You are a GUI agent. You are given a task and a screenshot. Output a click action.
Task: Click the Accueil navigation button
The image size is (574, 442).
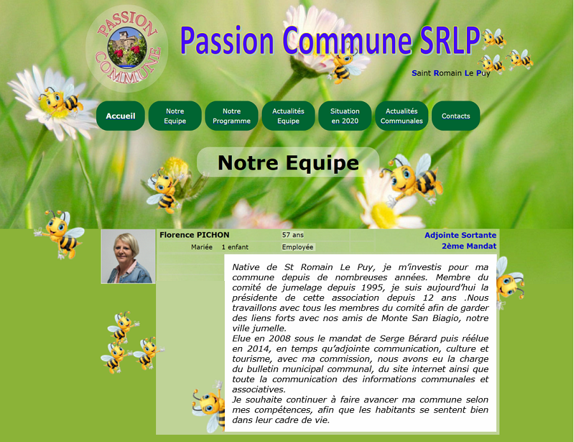click(x=120, y=116)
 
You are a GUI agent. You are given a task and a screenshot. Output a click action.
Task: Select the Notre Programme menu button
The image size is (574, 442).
click(x=231, y=116)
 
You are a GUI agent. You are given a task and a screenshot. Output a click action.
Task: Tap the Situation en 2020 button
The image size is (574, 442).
click(x=345, y=116)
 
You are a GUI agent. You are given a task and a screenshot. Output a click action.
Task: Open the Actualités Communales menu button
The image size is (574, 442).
click(x=401, y=116)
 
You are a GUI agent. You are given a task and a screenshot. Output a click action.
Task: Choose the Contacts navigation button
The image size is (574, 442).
click(x=456, y=116)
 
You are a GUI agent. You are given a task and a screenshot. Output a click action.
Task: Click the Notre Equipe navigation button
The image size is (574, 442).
click(x=175, y=116)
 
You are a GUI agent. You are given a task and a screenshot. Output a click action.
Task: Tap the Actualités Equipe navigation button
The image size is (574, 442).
click(x=288, y=116)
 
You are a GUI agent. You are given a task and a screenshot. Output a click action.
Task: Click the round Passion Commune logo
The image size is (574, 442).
click(x=127, y=48)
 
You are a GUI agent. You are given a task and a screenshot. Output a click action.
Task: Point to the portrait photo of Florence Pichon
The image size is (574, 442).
click(x=128, y=257)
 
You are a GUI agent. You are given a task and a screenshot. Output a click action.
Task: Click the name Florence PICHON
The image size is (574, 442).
click(x=194, y=235)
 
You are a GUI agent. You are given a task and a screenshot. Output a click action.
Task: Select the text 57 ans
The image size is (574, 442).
click(x=293, y=235)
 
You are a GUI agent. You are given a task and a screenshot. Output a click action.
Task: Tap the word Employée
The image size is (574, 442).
click(x=298, y=247)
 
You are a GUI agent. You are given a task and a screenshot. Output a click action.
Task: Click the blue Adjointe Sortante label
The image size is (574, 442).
click(x=460, y=235)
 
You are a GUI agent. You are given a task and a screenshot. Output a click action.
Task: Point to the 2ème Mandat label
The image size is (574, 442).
click(x=469, y=246)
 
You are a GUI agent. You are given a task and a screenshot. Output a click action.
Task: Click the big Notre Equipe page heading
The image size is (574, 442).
click(x=288, y=163)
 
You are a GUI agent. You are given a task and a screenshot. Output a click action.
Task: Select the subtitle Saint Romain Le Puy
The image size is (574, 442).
click(x=451, y=73)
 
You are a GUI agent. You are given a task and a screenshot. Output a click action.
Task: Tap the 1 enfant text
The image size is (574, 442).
click(x=235, y=247)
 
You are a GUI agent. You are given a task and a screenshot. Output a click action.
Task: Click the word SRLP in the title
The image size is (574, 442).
click(x=450, y=40)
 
